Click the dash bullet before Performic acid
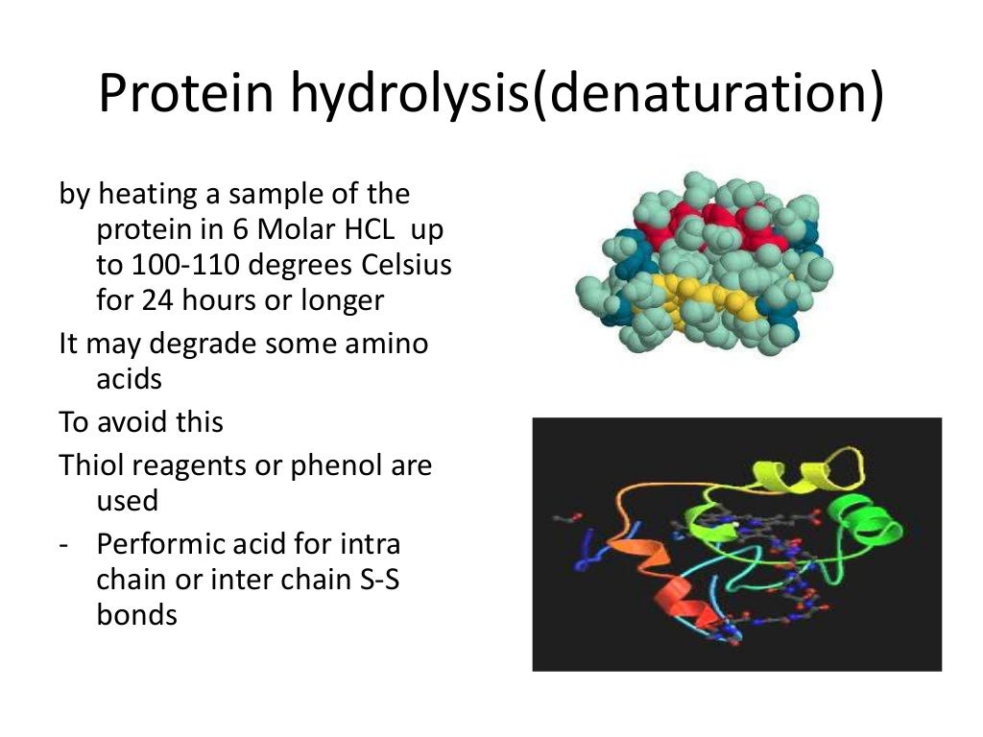(x=63, y=545)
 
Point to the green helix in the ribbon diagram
(x=868, y=523)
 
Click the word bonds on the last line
(x=137, y=614)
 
